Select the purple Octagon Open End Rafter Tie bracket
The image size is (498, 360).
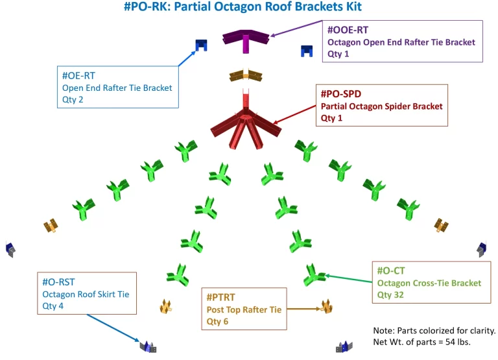click(246, 39)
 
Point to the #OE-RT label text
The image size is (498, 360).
click(79, 76)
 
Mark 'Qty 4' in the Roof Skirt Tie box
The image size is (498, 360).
click(53, 306)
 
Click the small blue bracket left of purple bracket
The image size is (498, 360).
click(201, 45)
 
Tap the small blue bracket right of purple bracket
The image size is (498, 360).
click(307, 50)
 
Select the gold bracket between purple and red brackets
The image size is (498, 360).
click(246, 76)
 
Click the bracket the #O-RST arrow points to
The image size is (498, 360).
click(148, 346)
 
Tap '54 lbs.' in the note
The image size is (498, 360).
click(457, 341)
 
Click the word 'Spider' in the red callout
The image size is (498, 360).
click(402, 106)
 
